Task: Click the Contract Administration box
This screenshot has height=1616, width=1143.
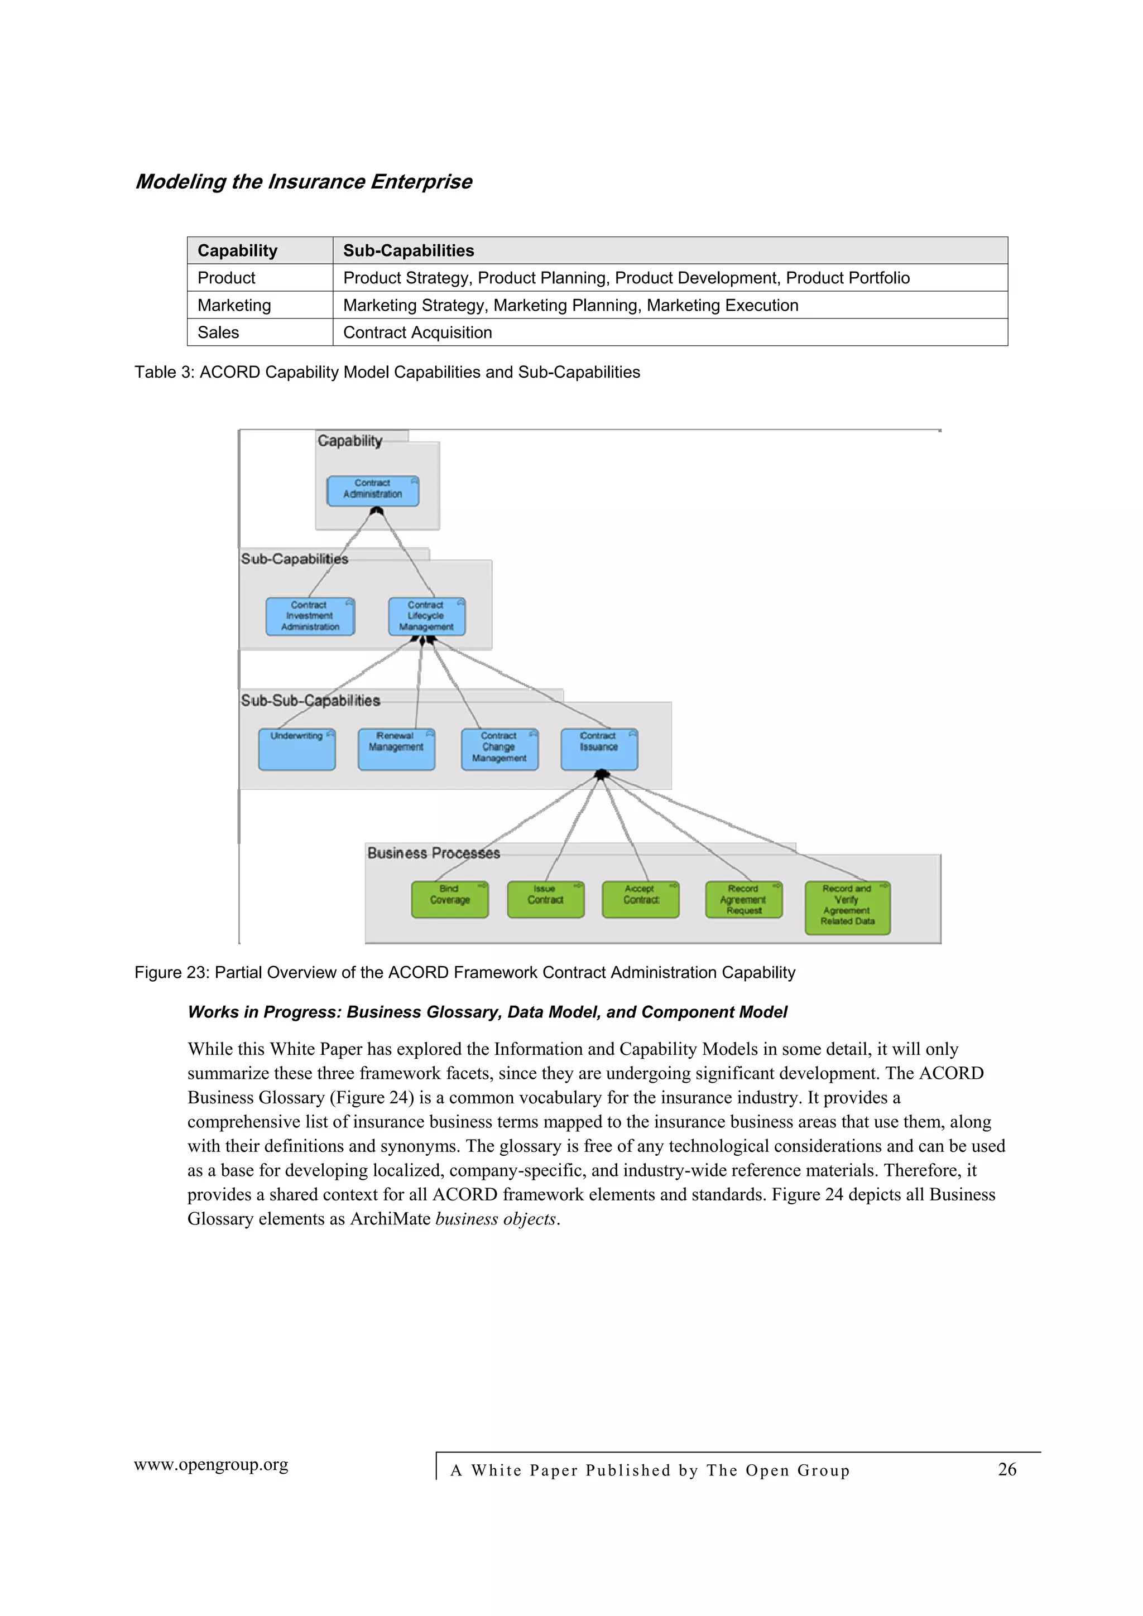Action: tap(373, 490)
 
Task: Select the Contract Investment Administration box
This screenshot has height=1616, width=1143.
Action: tap(310, 616)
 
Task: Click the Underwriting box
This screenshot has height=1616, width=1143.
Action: tap(296, 749)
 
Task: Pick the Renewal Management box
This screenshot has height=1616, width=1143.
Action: tap(396, 749)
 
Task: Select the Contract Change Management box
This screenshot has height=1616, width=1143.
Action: tap(500, 749)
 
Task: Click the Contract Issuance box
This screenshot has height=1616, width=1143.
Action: tap(599, 749)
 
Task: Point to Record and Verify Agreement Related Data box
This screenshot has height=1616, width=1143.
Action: tap(847, 907)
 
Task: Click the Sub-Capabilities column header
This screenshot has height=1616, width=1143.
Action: tap(409, 250)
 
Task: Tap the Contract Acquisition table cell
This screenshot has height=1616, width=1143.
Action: tap(417, 332)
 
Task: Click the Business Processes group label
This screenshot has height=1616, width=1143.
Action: tap(433, 853)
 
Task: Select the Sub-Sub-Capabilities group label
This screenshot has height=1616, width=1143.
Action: tap(310, 700)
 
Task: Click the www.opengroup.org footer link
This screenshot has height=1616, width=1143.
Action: tap(212, 1465)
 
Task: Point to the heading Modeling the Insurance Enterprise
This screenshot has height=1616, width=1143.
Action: tap(304, 182)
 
